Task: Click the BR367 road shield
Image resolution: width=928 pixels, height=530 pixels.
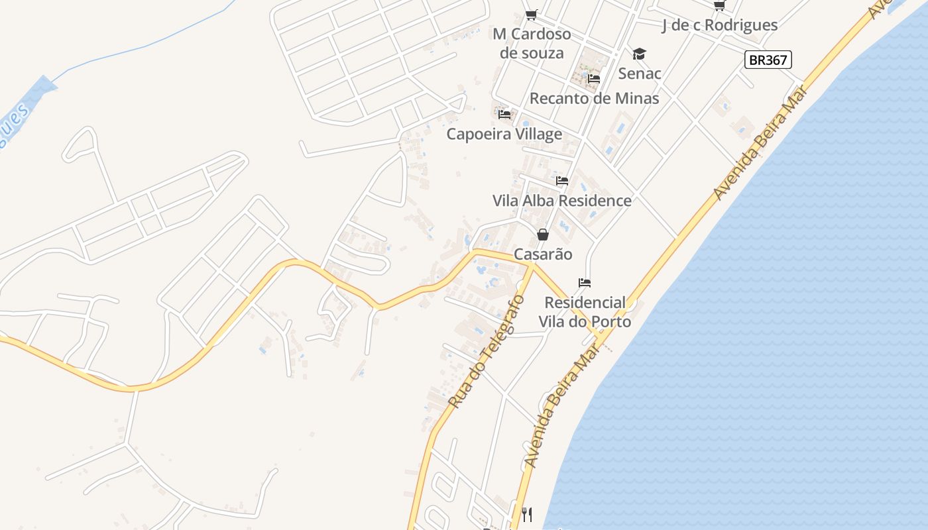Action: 768,60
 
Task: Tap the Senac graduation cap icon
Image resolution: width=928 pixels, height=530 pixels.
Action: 639,54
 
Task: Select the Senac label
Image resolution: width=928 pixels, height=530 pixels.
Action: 640,73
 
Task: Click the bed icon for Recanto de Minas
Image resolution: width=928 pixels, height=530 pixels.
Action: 594,79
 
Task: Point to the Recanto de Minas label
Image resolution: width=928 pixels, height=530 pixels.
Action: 594,99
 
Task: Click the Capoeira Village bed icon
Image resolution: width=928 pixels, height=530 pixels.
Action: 504,114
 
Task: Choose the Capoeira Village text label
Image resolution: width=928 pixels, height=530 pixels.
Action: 504,134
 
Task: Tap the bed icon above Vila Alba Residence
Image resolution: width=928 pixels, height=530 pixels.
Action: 562,180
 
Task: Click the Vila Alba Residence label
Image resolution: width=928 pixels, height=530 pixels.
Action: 562,200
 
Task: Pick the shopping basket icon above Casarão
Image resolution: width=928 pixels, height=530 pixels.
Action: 543,235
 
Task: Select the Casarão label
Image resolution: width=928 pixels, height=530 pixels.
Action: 543,254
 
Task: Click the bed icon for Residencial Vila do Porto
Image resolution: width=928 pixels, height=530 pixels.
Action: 584,283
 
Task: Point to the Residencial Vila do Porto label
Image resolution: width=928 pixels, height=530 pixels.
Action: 584,312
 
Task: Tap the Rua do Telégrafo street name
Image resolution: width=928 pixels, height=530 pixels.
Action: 487,351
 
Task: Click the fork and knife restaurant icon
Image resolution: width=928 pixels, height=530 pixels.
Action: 527,514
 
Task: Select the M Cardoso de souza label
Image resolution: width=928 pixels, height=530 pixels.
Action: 532,43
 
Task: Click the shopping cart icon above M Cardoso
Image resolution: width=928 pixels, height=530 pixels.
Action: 531,15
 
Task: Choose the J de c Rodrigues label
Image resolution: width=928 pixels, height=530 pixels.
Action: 719,25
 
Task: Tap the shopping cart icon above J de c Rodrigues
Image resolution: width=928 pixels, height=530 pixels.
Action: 719,6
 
